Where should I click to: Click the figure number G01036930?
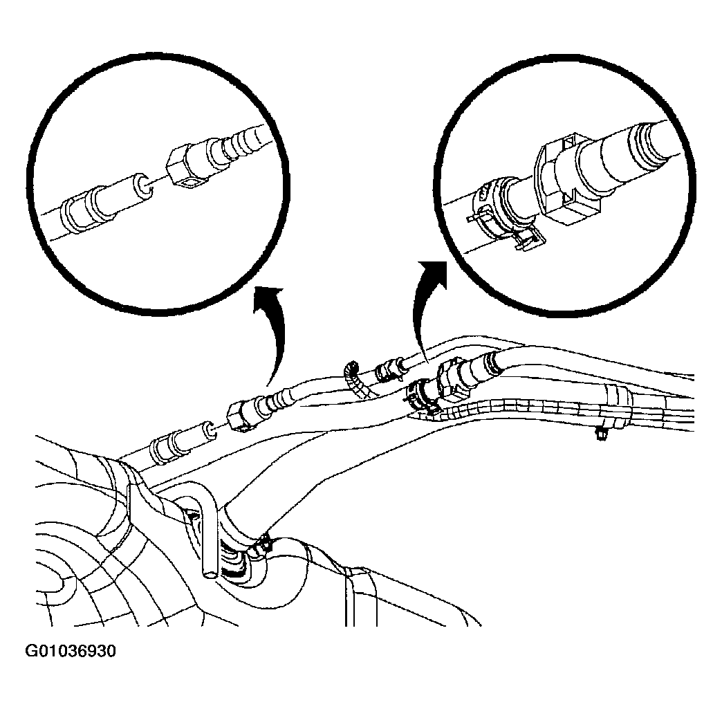(x=71, y=652)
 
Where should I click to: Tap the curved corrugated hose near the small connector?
(x=356, y=380)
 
